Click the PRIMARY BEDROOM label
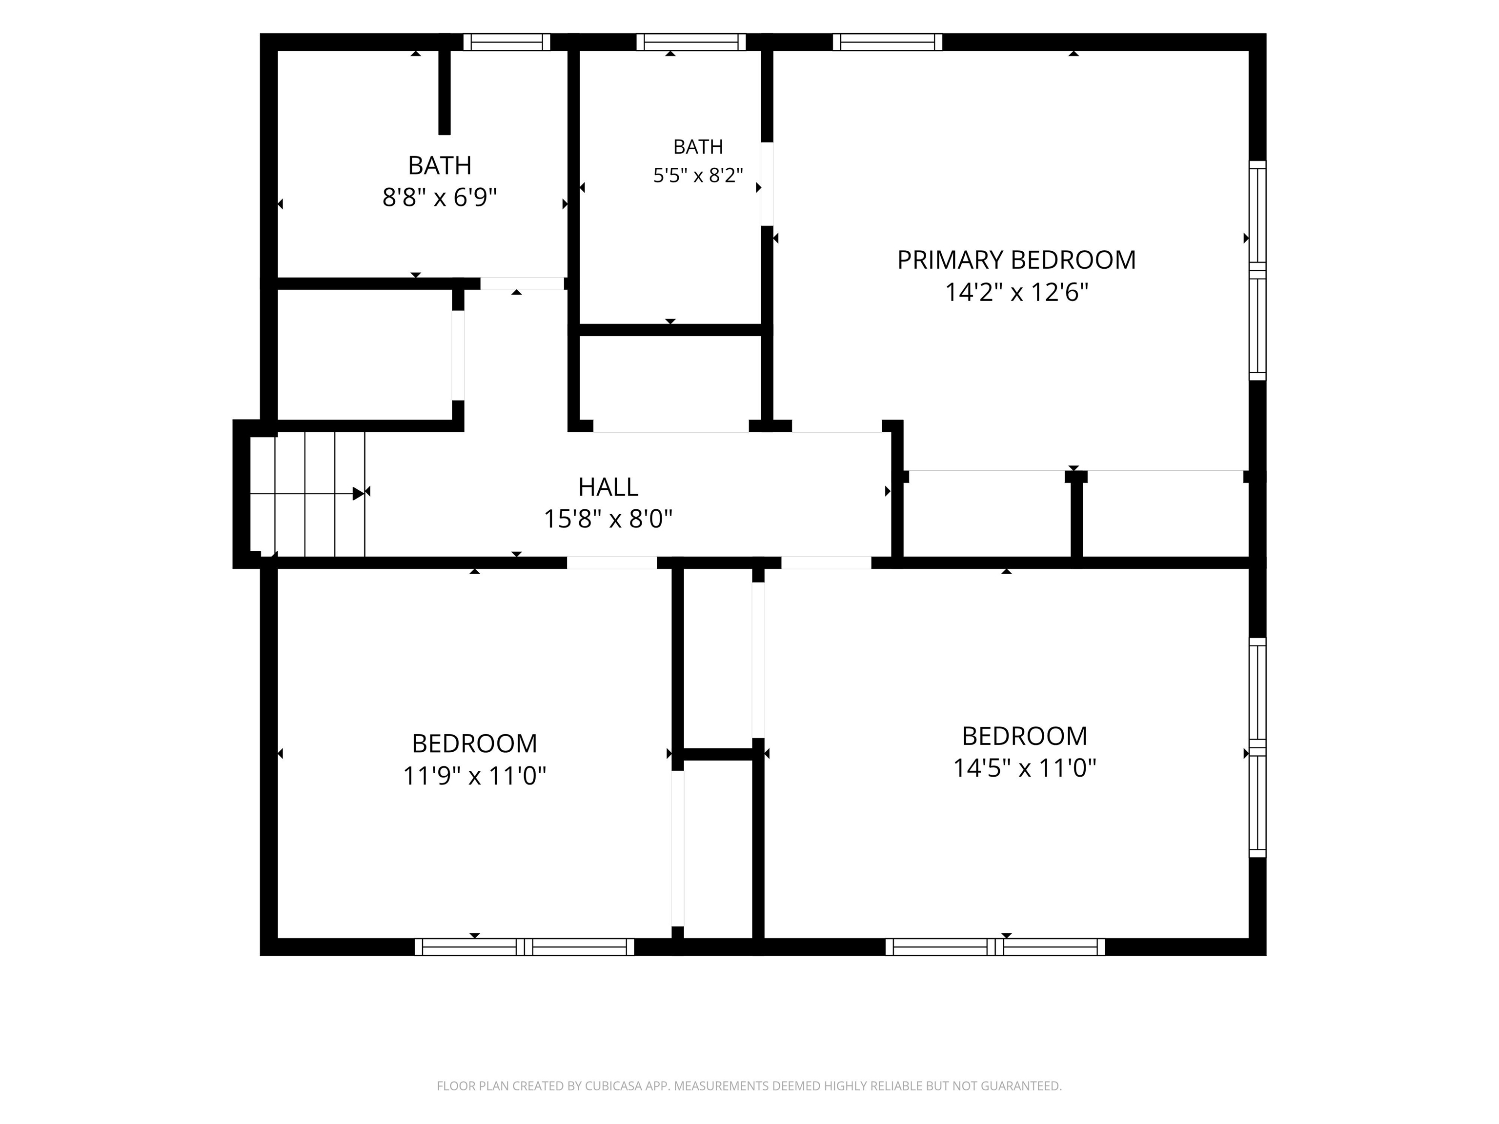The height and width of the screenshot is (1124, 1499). pos(1016,260)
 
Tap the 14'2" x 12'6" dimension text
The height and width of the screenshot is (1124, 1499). pos(1016,293)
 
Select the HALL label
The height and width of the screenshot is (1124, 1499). pos(608,487)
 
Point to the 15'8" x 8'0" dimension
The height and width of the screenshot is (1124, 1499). pos(608,520)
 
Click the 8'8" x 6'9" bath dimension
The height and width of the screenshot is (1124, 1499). pos(440,198)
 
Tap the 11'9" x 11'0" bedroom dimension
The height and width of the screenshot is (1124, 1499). pos(474,776)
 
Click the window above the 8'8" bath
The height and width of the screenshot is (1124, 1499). pos(507,42)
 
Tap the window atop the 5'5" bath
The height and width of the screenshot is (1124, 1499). pos(691,42)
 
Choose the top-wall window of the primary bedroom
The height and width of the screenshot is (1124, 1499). pos(887,42)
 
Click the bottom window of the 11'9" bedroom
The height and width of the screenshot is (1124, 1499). pos(525,946)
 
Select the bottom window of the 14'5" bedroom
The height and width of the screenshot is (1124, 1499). pos(995,946)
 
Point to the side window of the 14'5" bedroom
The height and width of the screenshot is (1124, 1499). pos(1257,747)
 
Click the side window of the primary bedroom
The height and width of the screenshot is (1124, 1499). pos(1257,270)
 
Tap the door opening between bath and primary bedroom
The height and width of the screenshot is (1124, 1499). pos(767,183)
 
